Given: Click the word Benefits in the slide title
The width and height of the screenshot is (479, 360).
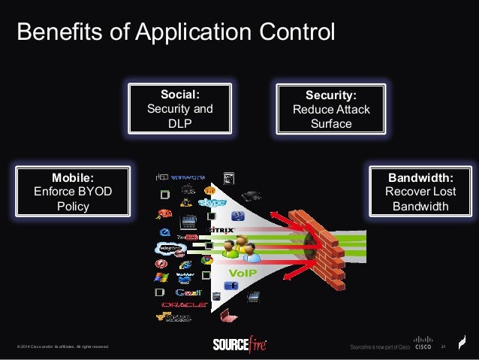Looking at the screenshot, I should pos(52,34).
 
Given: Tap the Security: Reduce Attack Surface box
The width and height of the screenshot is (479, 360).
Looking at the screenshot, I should pos(330,109).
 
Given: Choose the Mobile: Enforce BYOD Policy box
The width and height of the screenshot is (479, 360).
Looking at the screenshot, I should pos(73,191).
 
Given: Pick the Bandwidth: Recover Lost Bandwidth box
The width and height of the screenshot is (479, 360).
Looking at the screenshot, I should pos(420,191).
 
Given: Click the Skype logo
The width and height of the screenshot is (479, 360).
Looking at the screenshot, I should pos(213,204).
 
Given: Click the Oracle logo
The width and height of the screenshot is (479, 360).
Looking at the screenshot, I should pos(184,304).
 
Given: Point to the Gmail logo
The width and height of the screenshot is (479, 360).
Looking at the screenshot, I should pos(188,292).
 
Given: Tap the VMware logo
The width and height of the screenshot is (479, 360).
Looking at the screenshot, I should pos(187,178).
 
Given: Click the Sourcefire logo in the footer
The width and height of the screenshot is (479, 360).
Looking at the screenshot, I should pos(239,345).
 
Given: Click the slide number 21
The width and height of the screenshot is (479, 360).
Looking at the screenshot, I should pos(444,346).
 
